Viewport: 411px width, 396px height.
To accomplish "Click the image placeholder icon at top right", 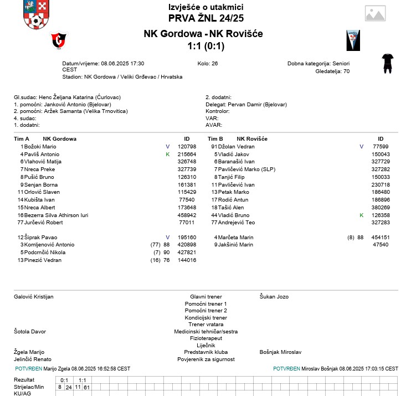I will pyautogui.click(x=375, y=14).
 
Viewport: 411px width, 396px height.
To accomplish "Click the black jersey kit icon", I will pyautogui.click(x=387, y=63).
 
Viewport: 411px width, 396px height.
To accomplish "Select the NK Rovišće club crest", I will pyautogui.click(x=353, y=40).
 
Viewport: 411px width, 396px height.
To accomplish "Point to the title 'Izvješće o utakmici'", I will pyautogui.click(x=206, y=7).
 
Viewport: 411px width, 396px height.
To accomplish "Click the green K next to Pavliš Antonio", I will pyautogui.click(x=167, y=154).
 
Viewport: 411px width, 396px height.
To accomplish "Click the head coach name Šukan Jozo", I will pyautogui.click(x=274, y=297).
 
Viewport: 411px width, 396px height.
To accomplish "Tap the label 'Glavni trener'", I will pyautogui.click(x=206, y=297).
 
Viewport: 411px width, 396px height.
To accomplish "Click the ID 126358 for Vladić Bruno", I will pyautogui.click(x=381, y=215).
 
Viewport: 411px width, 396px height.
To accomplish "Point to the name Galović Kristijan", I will pyautogui.click(x=33, y=297).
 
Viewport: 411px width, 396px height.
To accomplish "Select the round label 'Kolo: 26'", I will pyautogui.click(x=207, y=64).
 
